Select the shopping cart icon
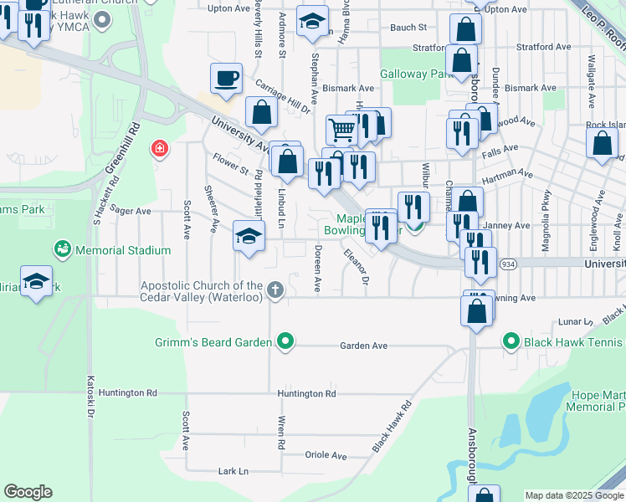pyautogui.click(x=341, y=131)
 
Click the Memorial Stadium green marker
pyautogui.click(x=62, y=249)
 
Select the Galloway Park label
pyautogui.click(x=416, y=74)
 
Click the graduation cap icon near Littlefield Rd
pyautogui.click(x=249, y=237)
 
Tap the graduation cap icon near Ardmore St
pyautogui.click(x=312, y=23)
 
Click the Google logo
pyautogui.click(x=28, y=492)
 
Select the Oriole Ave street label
pyautogui.click(x=326, y=456)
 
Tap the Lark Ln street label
pyautogui.click(x=233, y=472)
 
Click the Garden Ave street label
pyautogui.click(x=363, y=346)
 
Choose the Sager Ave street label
pyautogui.click(x=130, y=212)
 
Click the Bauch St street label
pyautogui.click(x=408, y=28)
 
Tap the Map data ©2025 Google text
pyautogui.click(x=574, y=495)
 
